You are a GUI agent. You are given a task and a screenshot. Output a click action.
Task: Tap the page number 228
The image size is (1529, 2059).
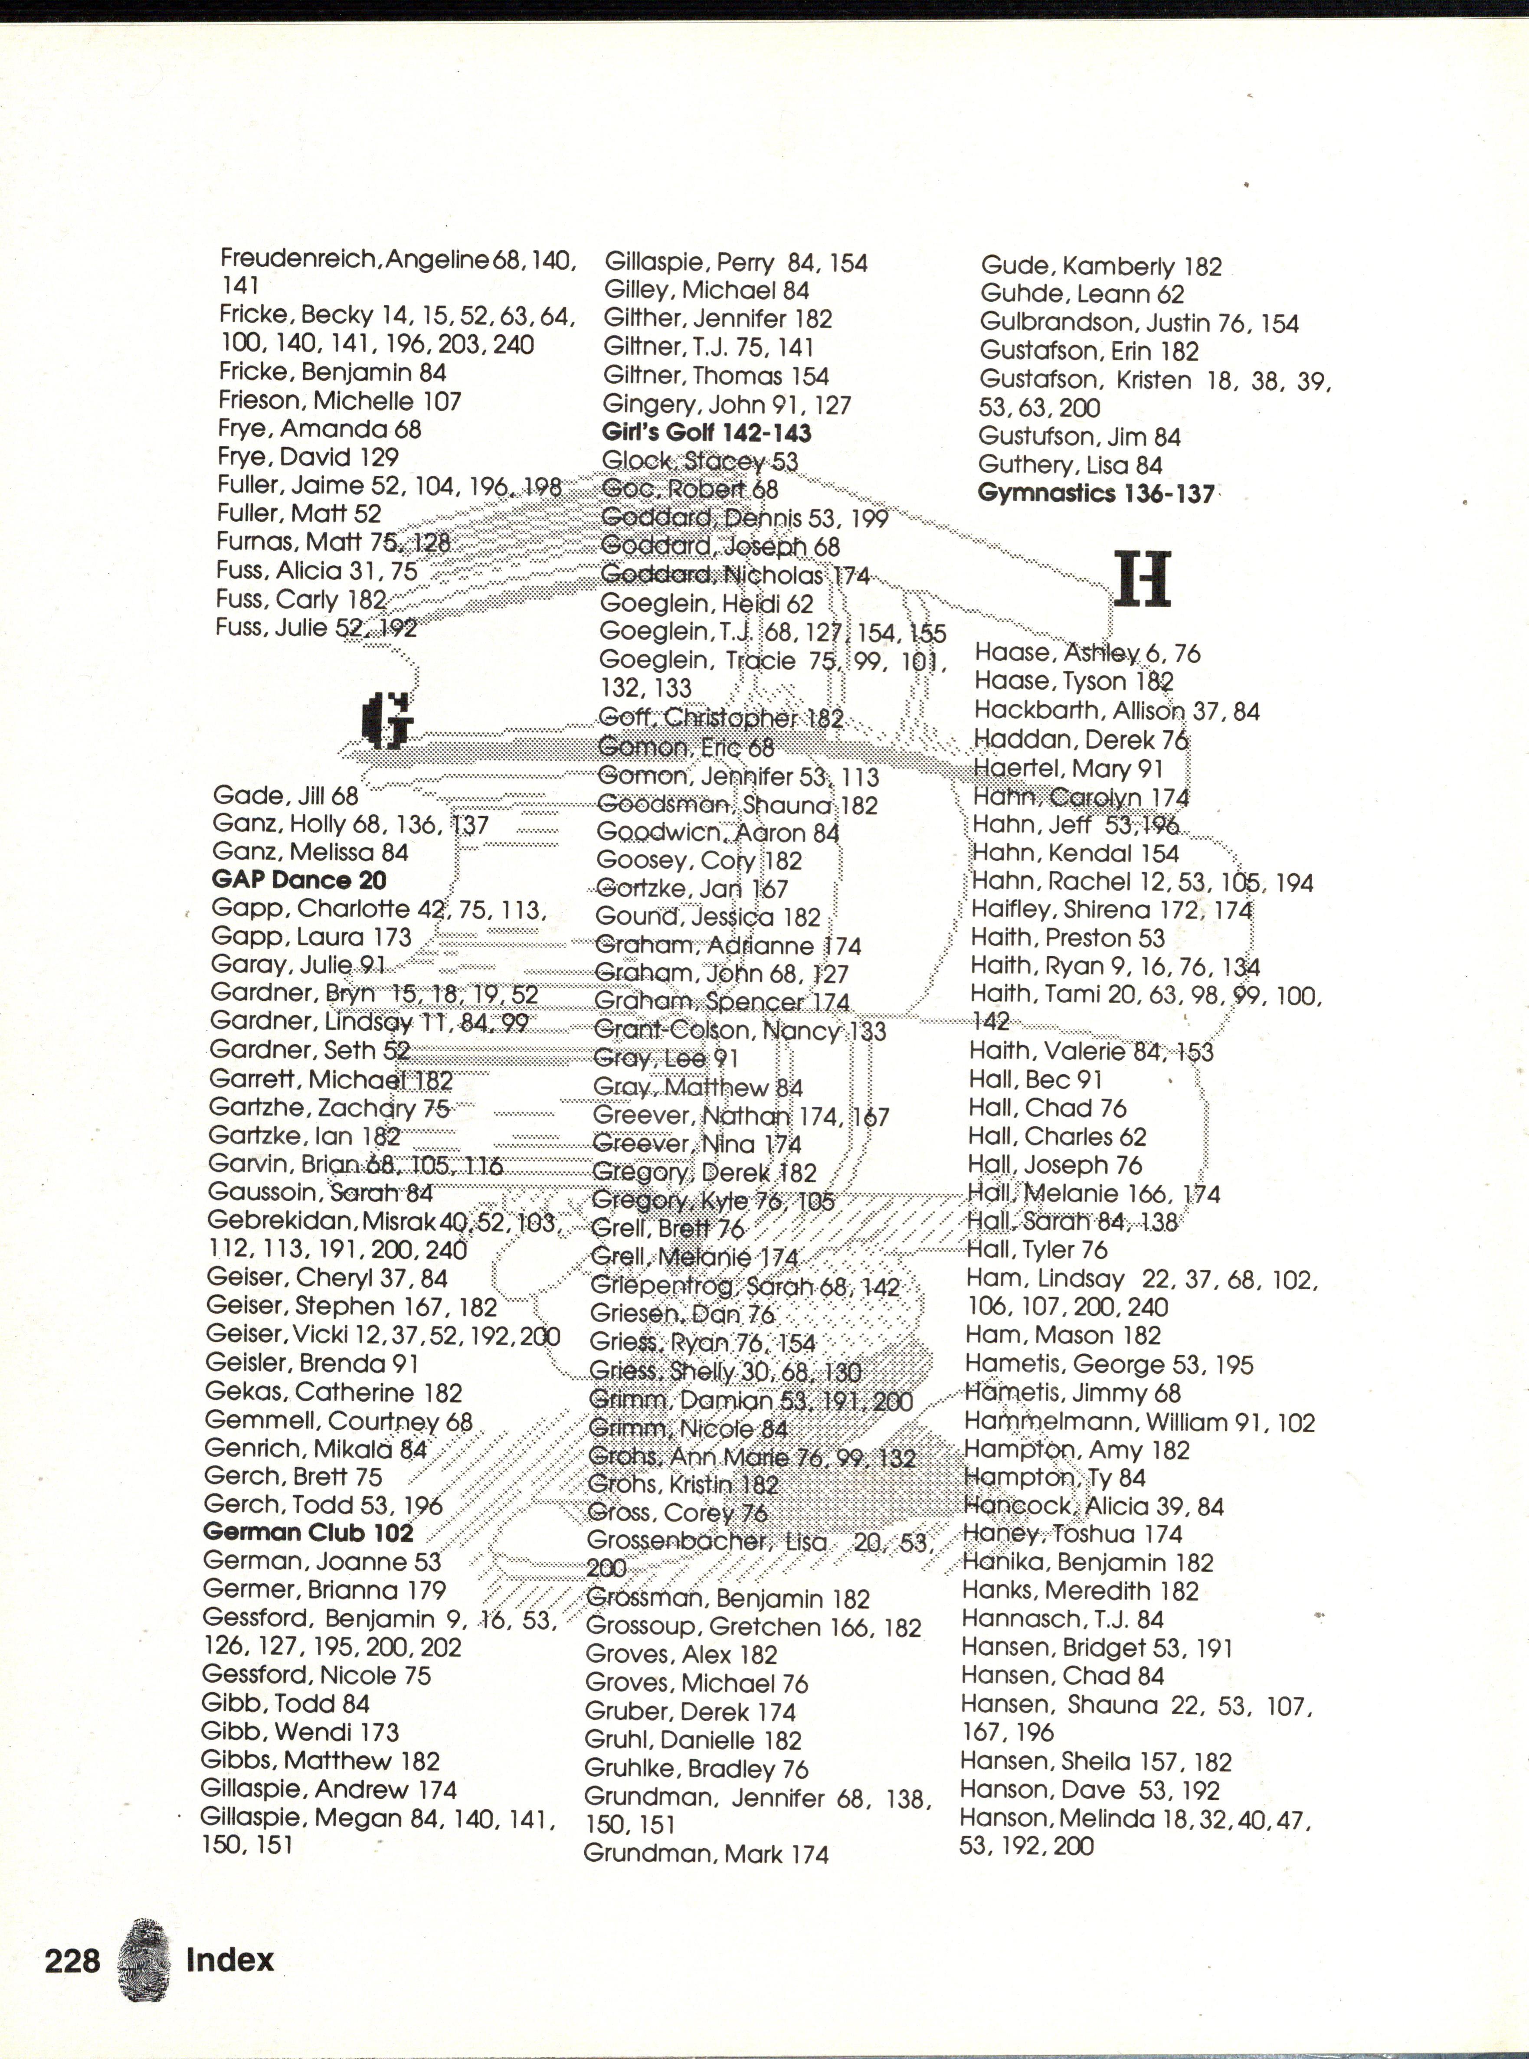pyautogui.click(x=72, y=1959)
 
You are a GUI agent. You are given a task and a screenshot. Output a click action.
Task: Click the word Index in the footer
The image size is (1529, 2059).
pyautogui.click(x=229, y=1959)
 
